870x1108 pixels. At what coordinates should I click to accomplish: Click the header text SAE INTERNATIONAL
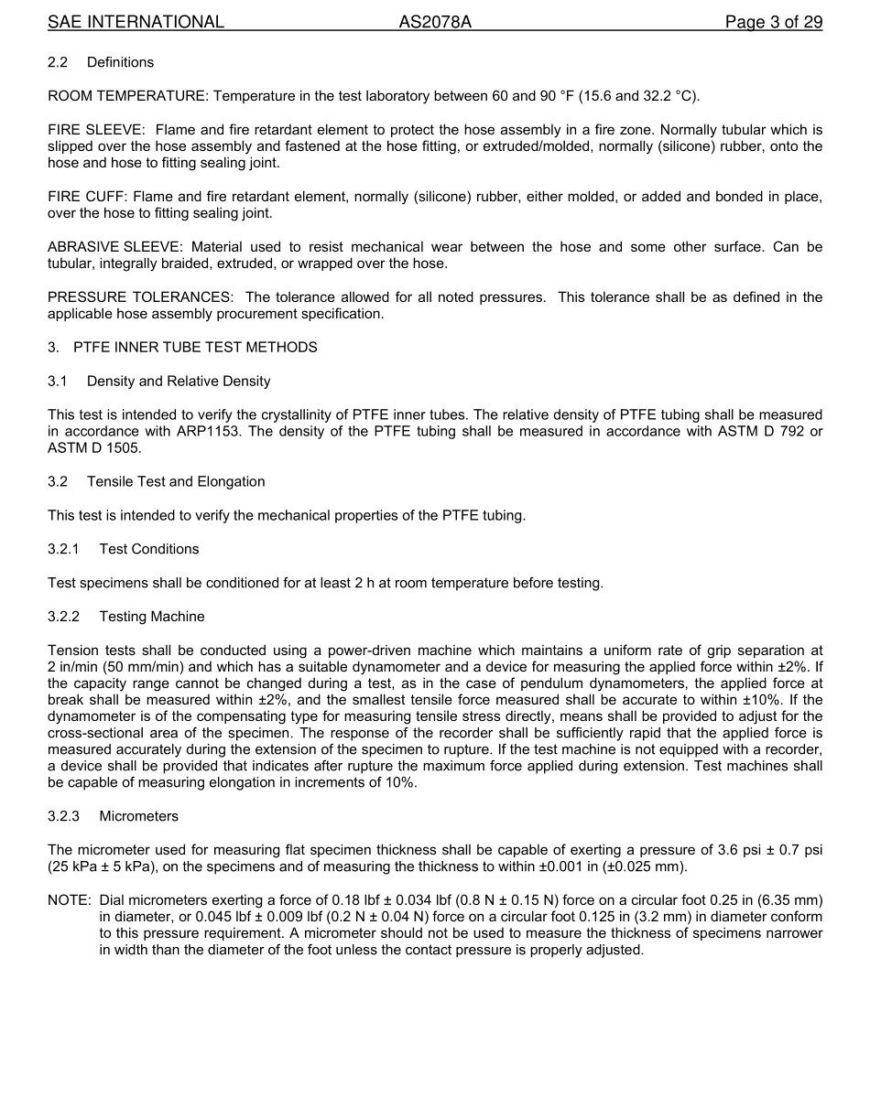click(136, 22)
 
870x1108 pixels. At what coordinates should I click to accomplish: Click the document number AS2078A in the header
click(434, 22)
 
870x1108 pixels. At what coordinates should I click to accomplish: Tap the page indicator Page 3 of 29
click(773, 22)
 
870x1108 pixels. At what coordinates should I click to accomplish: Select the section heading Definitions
click(120, 62)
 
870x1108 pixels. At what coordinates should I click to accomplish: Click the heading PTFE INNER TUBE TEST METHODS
click(195, 348)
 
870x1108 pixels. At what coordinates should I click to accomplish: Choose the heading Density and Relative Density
click(179, 382)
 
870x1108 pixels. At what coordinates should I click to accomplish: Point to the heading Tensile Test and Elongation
click(176, 482)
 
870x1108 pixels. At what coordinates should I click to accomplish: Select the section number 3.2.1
click(63, 549)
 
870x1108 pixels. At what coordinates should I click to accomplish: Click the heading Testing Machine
click(152, 617)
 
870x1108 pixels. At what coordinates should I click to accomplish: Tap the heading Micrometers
click(138, 816)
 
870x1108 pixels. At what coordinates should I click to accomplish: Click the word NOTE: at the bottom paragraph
click(69, 900)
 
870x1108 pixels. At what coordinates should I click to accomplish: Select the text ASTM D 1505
click(94, 448)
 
